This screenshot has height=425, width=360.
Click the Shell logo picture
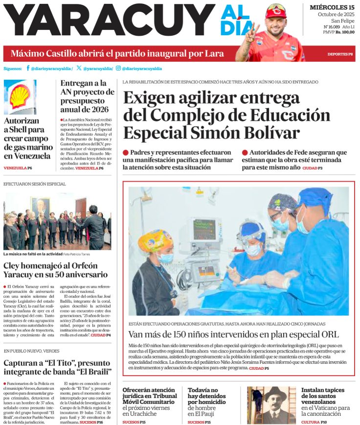[x=20, y=96]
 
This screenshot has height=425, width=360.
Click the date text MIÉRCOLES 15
[x=332, y=7]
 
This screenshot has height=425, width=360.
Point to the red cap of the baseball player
[x=276, y=10]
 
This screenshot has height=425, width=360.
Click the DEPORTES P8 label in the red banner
[x=340, y=54]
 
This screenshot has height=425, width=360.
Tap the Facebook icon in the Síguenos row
[x=28, y=69]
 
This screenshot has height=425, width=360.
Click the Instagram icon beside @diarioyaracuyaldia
[x=118, y=69]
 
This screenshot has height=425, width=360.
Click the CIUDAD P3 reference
[x=312, y=168]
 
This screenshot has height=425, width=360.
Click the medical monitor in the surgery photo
[x=205, y=230]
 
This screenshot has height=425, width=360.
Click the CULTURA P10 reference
[x=314, y=422]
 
